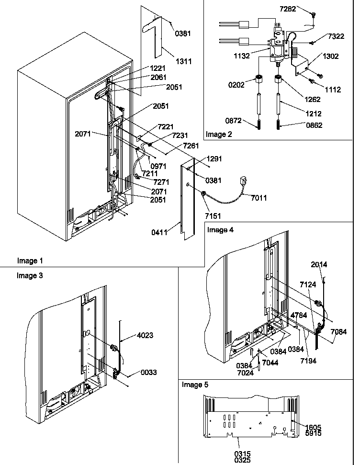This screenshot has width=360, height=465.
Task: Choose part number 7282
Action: tap(301, 9)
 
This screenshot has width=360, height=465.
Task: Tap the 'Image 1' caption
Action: tap(30, 261)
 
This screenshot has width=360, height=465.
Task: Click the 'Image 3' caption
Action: tap(30, 275)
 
